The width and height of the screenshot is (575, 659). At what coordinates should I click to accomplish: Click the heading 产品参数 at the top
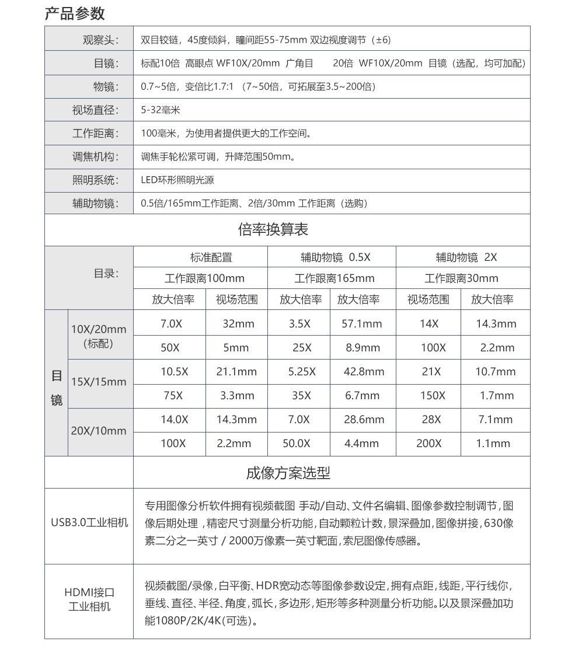[x=75, y=13]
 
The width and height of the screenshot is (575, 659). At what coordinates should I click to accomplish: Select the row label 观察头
[x=100, y=40]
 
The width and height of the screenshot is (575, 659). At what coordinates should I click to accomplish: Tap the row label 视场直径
[x=95, y=110]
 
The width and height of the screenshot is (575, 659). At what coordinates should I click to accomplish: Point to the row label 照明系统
[x=95, y=180]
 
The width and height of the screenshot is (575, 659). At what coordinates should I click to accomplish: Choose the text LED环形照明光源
[x=177, y=180]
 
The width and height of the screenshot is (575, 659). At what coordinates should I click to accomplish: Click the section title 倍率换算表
[x=273, y=229]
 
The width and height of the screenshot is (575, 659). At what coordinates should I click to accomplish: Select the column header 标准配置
[x=211, y=257]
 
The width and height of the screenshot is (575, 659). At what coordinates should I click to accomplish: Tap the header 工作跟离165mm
[x=334, y=278]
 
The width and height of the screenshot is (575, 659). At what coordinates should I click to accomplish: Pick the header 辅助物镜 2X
[x=466, y=257]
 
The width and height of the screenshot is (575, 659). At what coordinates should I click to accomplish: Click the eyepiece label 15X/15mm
[x=99, y=382]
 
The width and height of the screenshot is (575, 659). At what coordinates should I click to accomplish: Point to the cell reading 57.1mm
[x=361, y=323]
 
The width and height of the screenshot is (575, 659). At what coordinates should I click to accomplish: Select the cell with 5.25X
[x=302, y=371]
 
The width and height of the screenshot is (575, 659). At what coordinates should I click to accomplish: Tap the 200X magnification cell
[x=429, y=443]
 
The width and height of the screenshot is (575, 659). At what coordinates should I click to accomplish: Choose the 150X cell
[x=433, y=395]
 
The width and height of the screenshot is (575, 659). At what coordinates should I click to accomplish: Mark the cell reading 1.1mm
[x=493, y=443]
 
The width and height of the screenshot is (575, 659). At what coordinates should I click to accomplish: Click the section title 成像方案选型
[x=288, y=473]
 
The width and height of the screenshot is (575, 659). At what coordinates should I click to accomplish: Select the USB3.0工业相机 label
[x=89, y=522]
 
